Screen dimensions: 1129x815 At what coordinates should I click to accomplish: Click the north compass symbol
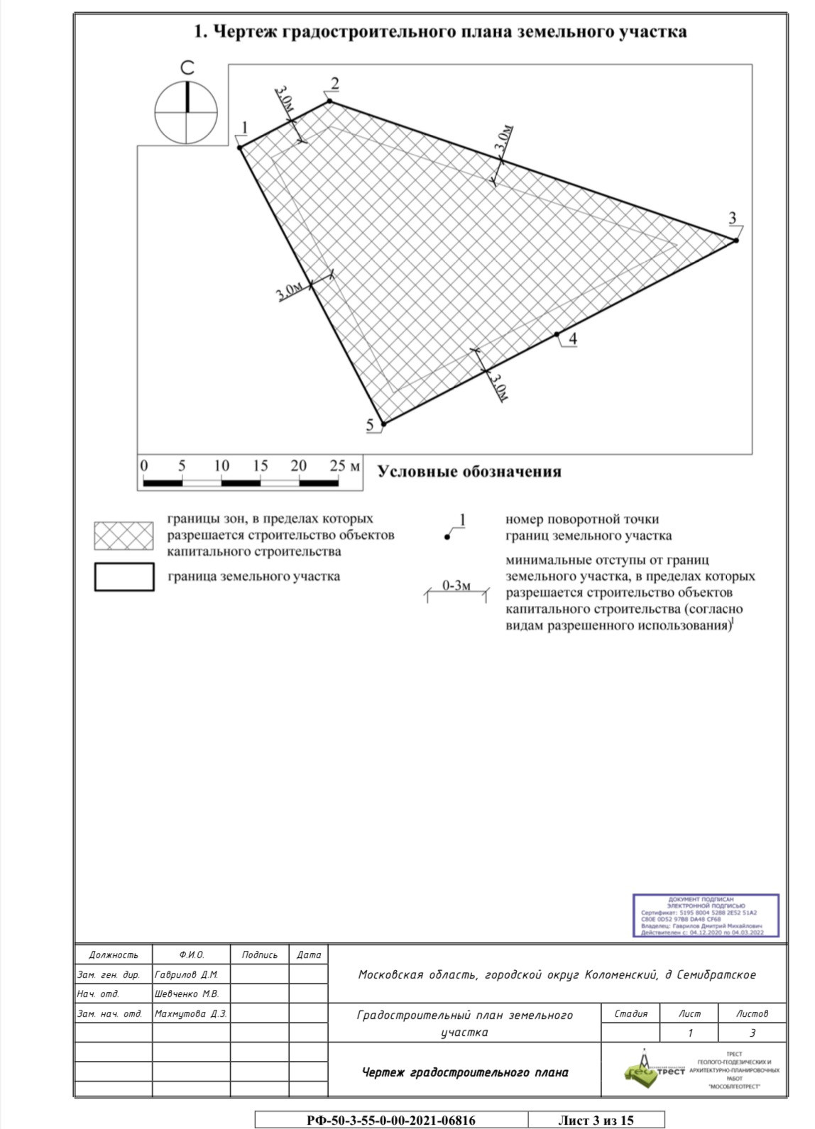187,112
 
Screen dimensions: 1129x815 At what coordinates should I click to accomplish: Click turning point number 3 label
732,218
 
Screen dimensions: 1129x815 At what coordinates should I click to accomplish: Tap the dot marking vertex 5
384,424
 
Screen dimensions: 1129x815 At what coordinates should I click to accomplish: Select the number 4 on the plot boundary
572,339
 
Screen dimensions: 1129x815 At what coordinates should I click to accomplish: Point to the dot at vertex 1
240,147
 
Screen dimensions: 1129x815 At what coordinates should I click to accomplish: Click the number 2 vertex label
334,84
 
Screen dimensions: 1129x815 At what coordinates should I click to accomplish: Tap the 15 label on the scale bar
260,466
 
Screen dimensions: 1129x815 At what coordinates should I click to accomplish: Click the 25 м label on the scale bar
345,466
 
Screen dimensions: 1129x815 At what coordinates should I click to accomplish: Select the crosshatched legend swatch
124,536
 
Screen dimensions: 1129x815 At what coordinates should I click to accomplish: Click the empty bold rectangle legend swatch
124,576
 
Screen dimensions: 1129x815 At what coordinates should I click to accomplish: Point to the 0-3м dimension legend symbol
456,590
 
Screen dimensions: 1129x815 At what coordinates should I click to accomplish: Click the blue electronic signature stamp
705,915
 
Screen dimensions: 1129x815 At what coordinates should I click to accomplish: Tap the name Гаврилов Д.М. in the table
186,974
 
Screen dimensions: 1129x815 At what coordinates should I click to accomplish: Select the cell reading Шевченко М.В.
187,993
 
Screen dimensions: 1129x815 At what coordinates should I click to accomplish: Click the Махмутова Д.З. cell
190,1013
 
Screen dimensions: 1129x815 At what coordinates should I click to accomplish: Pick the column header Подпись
259,954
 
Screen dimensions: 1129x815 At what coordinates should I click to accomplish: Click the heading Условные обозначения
469,472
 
